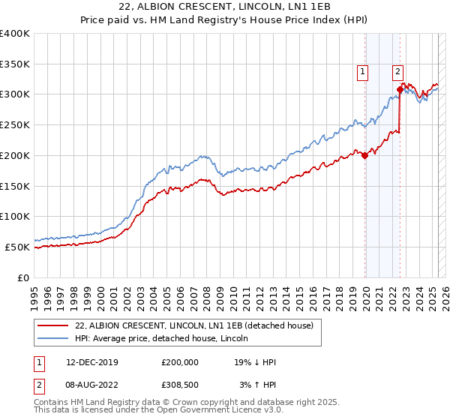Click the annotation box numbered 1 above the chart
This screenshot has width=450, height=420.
[x=362, y=72]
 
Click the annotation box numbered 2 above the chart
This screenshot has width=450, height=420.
[x=397, y=72]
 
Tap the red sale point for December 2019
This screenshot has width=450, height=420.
[x=365, y=156]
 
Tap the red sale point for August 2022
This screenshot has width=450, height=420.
[x=400, y=89]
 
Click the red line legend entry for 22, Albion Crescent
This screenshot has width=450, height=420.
[x=199, y=325]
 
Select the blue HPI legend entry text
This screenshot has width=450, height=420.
[x=166, y=338]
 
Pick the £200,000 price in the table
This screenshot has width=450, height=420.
[x=180, y=362]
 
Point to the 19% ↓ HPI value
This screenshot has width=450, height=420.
[x=255, y=362]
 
